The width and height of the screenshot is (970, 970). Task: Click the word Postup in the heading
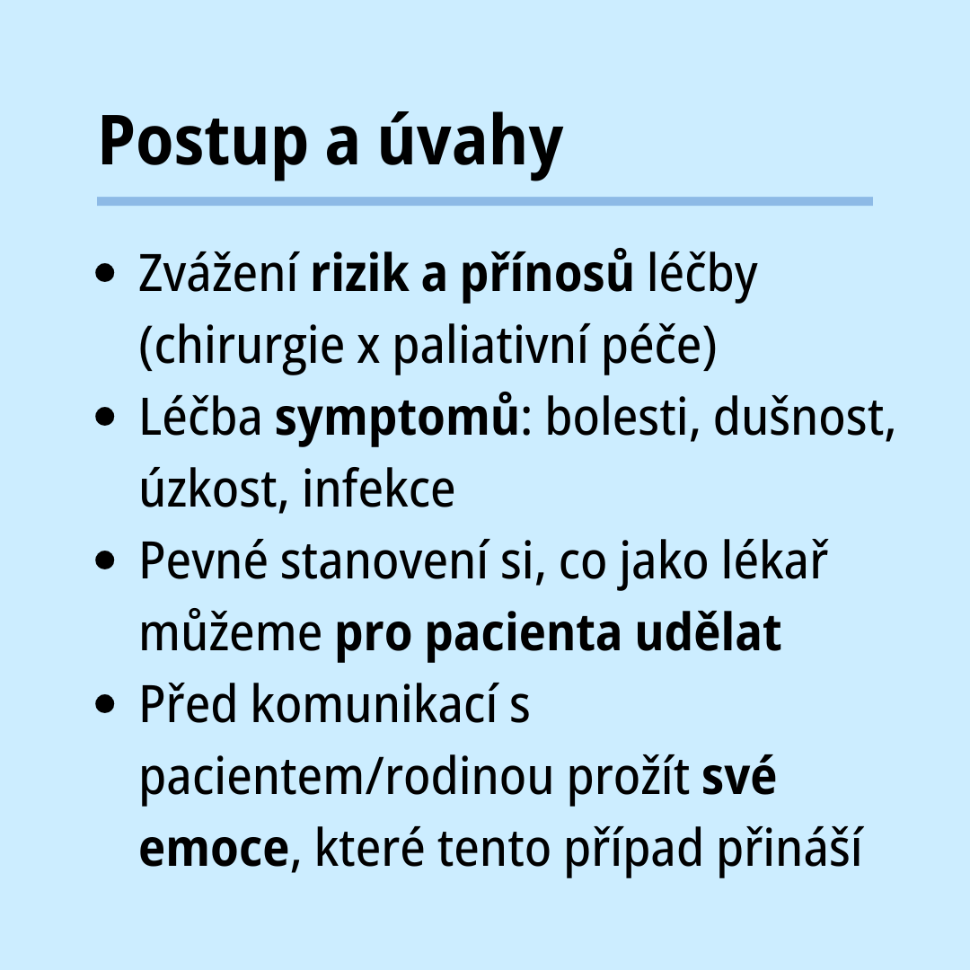(x=203, y=142)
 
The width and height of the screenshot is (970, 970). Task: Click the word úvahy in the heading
(x=471, y=141)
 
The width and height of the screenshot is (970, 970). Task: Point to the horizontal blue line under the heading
(x=485, y=201)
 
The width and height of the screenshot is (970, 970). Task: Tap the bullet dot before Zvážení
(x=106, y=273)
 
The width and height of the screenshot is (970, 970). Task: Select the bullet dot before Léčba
(x=106, y=417)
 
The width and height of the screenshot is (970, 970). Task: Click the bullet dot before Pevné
(x=106, y=560)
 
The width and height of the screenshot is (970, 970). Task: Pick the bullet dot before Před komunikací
(x=106, y=704)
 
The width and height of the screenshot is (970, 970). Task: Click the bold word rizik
(x=359, y=273)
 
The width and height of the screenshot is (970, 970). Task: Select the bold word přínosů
(x=547, y=276)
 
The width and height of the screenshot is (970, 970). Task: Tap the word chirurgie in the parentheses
(x=249, y=347)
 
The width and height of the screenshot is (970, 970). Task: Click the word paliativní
(x=490, y=347)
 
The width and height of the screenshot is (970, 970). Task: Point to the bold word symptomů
(x=397, y=419)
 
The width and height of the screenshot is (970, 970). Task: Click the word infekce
(x=379, y=489)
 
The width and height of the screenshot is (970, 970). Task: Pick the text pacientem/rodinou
(x=347, y=778)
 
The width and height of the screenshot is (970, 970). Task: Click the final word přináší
(x=789, y=848)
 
